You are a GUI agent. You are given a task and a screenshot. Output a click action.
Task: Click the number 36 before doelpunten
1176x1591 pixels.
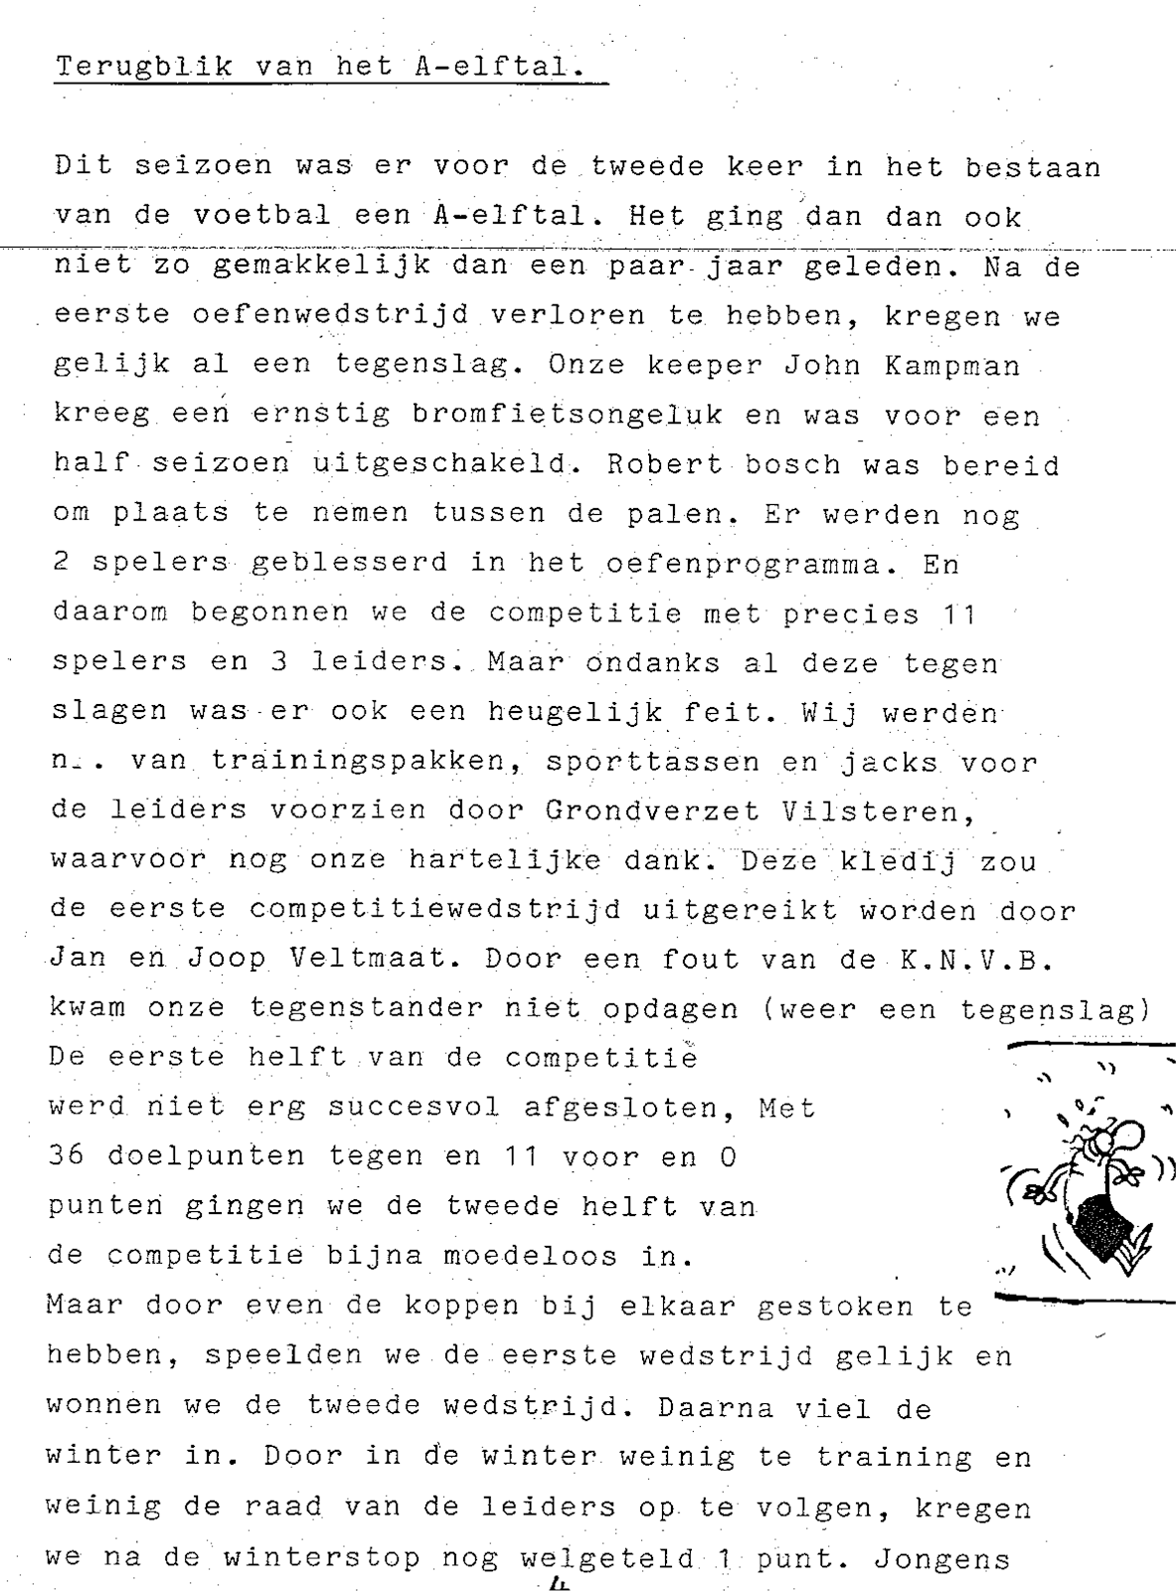(66, 1156)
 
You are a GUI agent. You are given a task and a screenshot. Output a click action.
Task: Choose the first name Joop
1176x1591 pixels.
(228, 959)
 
